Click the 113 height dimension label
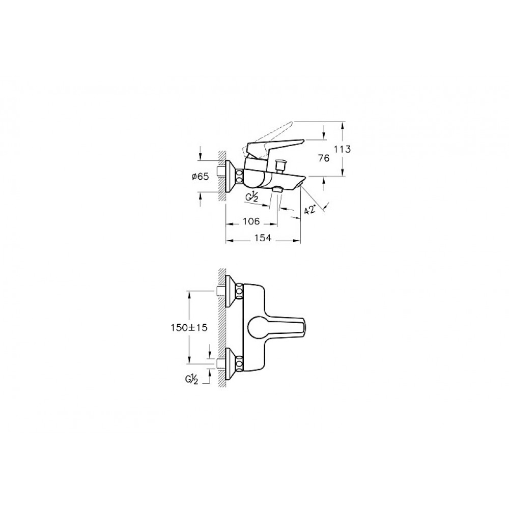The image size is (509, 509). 343,149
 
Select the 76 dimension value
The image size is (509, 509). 324,158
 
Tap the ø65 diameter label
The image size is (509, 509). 200,177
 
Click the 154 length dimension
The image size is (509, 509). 263,238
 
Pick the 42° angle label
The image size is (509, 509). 309,209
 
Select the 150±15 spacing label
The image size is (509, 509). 189,328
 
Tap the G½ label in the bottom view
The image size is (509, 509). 192,380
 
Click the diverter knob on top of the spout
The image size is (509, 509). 279,165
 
